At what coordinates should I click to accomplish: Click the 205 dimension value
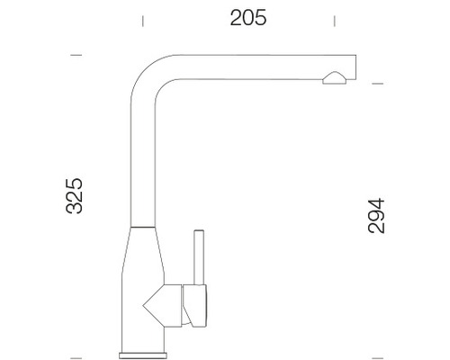point(247,18)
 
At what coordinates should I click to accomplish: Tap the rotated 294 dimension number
point(375,216)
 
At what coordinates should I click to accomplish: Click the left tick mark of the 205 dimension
point(142,18)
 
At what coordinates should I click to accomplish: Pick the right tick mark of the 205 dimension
point(335,18)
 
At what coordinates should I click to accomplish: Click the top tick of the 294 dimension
point(378,85)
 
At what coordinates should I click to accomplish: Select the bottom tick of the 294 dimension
point(378,346)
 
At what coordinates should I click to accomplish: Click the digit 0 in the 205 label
point(247,18)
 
